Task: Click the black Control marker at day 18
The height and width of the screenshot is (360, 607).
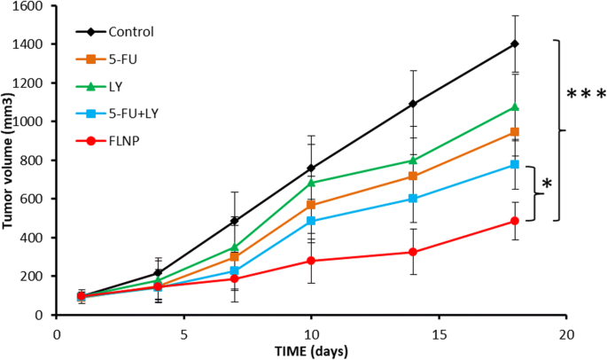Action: [x=515, y=43]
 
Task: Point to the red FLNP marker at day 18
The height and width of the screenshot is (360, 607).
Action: [x=515, y=221]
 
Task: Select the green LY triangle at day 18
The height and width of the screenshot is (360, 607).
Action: [x=515, y=107]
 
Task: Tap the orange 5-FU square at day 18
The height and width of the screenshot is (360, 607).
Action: [x=515, y=132]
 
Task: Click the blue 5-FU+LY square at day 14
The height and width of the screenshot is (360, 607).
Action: [x=413, y=199]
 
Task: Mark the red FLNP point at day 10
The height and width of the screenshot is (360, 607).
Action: [x=311, y=261]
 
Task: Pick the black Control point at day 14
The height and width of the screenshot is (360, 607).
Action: [x=413, y=104]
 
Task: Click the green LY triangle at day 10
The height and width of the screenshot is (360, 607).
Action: [x=311, y=183]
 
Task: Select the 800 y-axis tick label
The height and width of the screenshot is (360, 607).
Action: [x=35, y=160]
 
